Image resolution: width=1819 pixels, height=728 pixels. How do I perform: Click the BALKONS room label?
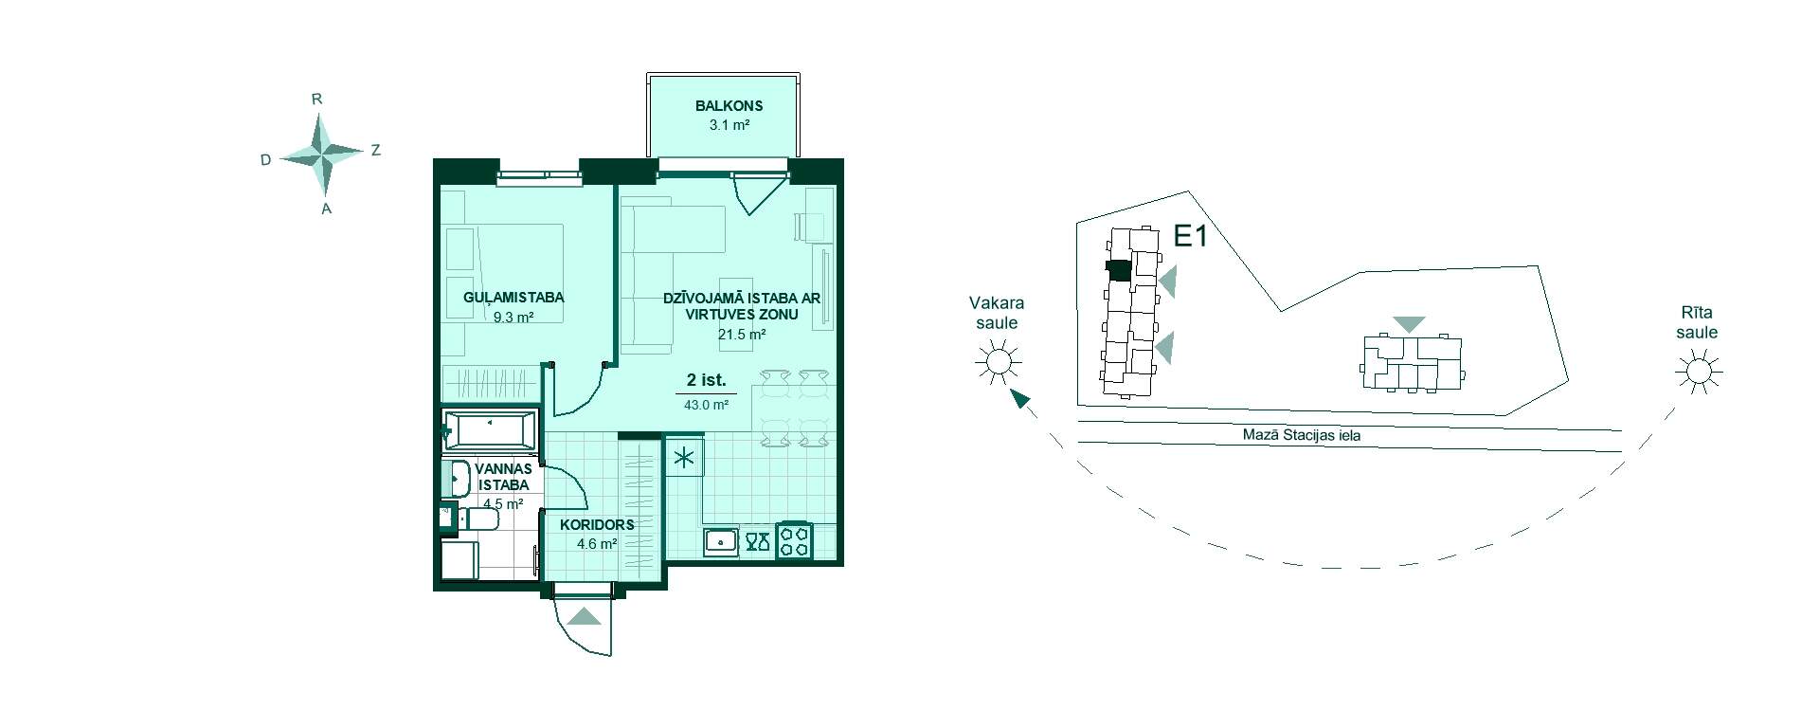(x=729, y=106)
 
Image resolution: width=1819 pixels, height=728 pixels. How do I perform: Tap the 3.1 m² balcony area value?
(x=729, y=124)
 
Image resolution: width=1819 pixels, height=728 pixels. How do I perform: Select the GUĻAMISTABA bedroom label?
(x=513, y=298)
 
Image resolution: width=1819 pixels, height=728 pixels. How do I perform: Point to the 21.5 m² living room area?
(x=742, y=334)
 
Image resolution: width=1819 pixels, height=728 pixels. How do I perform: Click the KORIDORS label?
(x=597, y=525)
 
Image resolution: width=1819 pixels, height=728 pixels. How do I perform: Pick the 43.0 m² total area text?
(x=706, y=405)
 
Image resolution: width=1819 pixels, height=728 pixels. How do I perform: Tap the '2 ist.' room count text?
(x=707, y=381)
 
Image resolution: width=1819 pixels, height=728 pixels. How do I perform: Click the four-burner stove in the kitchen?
(x=793, y=540)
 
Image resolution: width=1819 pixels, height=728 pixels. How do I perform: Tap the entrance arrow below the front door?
(x=585, y=616)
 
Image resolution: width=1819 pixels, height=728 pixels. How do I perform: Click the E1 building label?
(x=1191, y=236)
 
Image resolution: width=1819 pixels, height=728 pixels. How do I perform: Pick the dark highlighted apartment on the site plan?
(x=1119, y=271)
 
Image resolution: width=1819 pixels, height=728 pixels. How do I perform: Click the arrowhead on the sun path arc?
(x=1019, y=398)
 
